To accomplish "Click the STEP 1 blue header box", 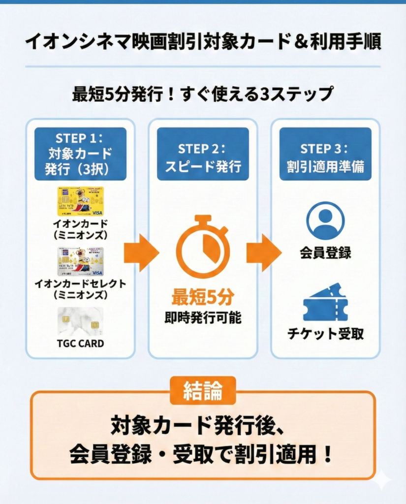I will pyautogui.click(x=80, y=154).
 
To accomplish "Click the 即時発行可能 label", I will pyautogui.click(x=203, y=318).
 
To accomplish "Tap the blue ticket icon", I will pyautogui.click(x=325, y=302).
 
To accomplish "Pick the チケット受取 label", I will pyautogui.click(x=325, y=334).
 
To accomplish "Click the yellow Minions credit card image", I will pyautogui.click(x=80, y=201).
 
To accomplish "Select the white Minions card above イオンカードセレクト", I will pyautogui.click(x=80, y=261).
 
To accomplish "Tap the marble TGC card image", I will pyautogui.click(x=80, y=321).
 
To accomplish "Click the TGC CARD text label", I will pyautogui.click(x=80, y=344).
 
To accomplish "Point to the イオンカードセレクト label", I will pyautogui.click(x=80, y=283).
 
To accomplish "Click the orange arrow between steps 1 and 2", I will pyautogui.click(x=141, y=253).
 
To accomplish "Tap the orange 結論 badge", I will pyautogui.click(x=202, y=391).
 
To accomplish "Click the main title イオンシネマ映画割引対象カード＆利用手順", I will pyautogui.click(x=203, y=41).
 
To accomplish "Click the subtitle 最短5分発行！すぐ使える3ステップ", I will pyautogui.click(x=203, y=94).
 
